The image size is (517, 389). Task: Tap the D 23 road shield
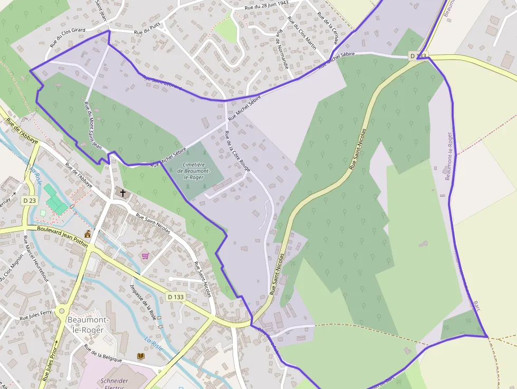click(30, 201)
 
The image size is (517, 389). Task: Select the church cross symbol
click(123, 193)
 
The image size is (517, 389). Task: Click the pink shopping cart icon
click(145, 255)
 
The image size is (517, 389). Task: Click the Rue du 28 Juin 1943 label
click(267, 6)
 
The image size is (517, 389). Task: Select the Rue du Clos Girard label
click(67, 38)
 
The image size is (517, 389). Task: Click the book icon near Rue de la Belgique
click(140, 356)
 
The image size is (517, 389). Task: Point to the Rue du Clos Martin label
click(302, 33)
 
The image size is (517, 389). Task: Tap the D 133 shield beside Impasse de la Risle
click(176, 297)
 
